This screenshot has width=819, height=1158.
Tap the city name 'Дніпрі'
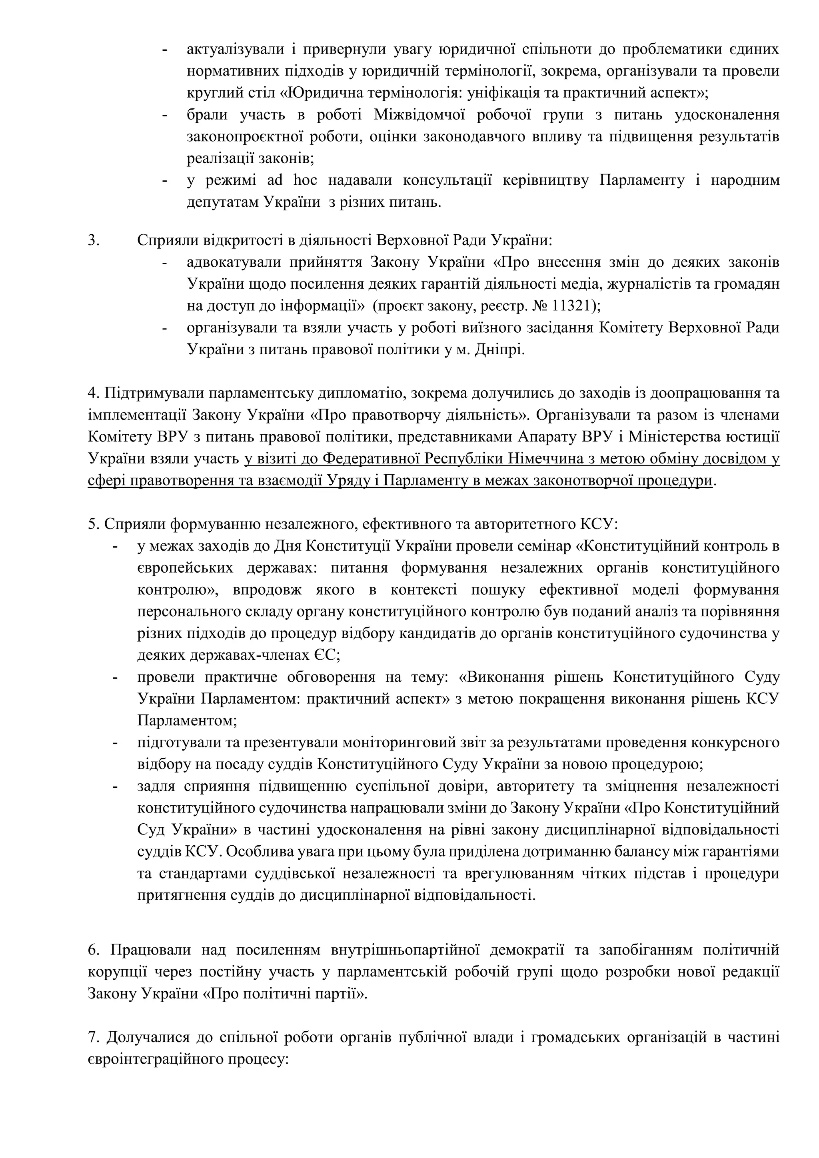coord(499,349)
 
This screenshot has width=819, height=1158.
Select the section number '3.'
coord(94,240)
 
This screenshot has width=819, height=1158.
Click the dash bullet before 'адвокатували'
coord(164,262)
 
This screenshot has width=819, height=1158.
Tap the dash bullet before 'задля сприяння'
coord(116,786)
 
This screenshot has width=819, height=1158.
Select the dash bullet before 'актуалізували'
coord(164,50)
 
